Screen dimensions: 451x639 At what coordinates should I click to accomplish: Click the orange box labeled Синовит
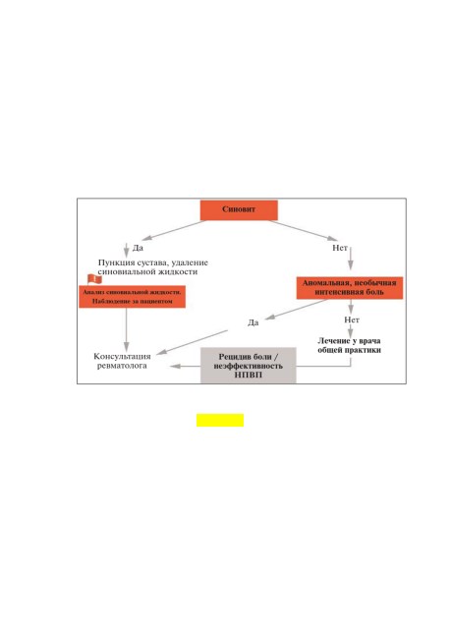(x=239, y=209)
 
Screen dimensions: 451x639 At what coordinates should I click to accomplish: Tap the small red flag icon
(x=94, y=279)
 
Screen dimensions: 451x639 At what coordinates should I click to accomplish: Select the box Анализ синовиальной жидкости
(x=132, y=297)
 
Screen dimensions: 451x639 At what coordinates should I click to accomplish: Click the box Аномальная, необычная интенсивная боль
(x=350, y=288)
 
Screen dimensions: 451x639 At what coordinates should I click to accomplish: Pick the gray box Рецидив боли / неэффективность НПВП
(x=249, y=366)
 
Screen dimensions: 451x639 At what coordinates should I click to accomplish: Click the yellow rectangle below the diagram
(x=220, y=420)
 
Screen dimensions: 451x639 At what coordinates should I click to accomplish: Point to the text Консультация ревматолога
(x=122, y=361)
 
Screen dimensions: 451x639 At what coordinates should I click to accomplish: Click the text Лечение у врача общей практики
(x=349, y=346)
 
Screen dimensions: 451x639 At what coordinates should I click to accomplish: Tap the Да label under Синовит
(x=138, y=248)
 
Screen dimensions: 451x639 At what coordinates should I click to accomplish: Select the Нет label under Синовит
(x=340, y=248)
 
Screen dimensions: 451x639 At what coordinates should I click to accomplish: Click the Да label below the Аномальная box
(x=253, y=322)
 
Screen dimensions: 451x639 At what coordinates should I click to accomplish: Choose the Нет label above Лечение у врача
(x=351, y=319)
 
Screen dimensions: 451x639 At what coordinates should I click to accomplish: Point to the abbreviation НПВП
(x=249, y=375)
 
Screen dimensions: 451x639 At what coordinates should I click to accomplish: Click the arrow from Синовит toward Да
(x=174, y=230)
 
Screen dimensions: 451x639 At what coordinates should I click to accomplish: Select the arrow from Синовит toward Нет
(x=303, y=230)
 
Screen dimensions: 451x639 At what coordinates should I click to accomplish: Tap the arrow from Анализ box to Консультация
(x=127, y=329)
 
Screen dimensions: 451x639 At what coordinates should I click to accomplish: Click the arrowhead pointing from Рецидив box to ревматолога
(x=175, y=367)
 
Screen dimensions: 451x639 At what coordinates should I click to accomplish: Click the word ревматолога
(x=122, y=366)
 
